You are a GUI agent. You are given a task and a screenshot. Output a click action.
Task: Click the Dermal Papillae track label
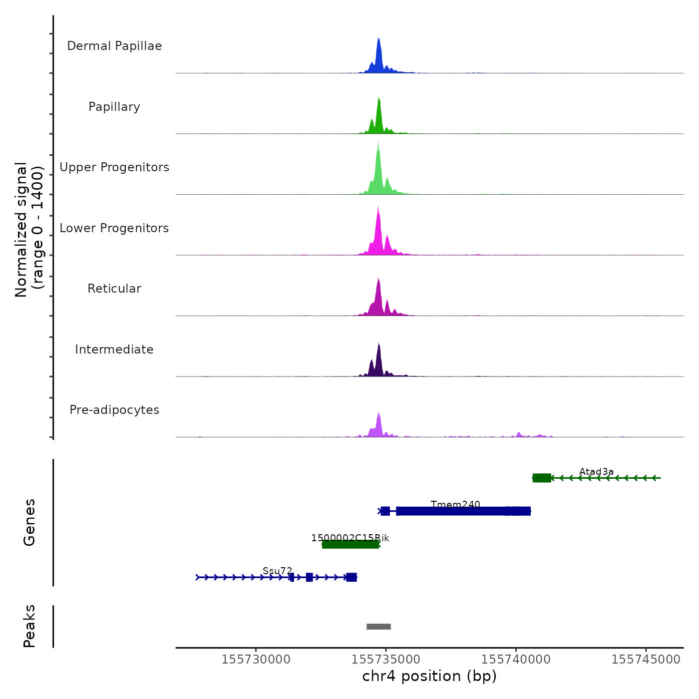click(114, 46)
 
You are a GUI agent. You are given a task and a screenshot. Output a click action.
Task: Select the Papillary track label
click(114, 107)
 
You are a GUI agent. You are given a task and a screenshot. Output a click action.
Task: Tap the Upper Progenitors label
click(114, 167)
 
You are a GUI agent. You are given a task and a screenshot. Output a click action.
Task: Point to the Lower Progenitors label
click(114, 228)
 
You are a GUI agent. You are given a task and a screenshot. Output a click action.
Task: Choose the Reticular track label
click(114, 289)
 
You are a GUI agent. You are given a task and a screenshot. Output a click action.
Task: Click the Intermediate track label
click(114, 349)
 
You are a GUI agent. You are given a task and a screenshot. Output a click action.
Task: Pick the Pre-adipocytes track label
click(114, 410)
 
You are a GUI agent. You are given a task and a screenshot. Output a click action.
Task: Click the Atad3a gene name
click(596, 471)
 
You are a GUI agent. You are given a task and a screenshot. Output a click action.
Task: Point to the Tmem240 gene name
click(455, 504)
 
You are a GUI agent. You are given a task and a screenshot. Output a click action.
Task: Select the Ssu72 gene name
click(278, 571)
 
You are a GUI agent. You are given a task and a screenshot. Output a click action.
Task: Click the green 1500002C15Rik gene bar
click(350, 544)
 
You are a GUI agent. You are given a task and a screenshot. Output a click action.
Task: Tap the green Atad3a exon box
click(542, 478)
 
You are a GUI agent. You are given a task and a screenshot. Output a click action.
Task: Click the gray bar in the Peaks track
click(378, 627)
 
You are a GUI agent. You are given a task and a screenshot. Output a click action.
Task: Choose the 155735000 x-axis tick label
click(386, 659)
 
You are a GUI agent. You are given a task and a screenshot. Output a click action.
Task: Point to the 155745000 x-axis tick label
click(646, 659)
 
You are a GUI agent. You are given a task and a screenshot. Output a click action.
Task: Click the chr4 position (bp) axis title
click(429, 676)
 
